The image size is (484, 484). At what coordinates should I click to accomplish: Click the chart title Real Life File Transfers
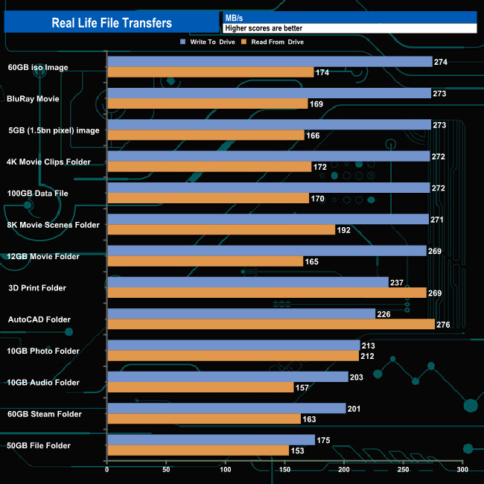pos(112,22)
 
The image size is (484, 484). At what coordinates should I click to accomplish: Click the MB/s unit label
pos(235,17)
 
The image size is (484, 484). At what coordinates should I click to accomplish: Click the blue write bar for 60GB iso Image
pos(270,62)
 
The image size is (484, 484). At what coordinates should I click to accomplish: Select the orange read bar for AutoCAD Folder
pos(271,324)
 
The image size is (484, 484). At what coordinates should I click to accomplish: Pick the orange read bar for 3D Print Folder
pos(267,293)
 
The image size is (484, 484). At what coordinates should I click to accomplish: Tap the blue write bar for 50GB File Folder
pos(211,440)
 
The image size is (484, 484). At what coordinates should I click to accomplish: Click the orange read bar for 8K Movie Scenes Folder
pos(221,230)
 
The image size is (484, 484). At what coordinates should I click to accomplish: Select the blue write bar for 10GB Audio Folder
pos(228,377)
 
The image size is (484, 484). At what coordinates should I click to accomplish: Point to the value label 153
pos(298,450)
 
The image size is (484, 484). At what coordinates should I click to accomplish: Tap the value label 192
pos(345,230)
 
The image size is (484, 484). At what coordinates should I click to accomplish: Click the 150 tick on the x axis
pos(284,470)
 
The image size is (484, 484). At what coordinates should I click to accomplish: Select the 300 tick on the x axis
pos(462,470)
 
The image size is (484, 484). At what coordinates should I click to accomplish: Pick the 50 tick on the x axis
pos(166,470)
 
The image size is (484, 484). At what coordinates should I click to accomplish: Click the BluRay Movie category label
pos(33,98)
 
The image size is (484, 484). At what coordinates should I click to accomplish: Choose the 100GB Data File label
pos(37,193)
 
